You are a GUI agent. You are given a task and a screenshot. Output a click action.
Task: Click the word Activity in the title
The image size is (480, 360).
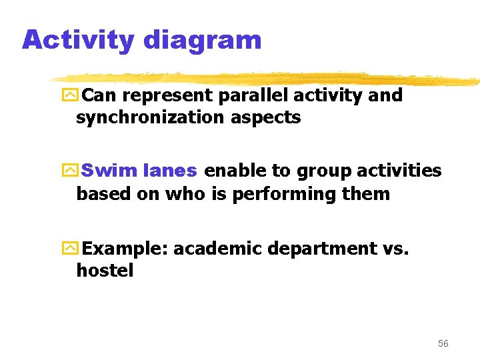(78, 40)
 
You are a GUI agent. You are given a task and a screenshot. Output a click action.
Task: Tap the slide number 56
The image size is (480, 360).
(443, 343)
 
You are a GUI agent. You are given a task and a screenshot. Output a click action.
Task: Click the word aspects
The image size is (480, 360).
(267, 119)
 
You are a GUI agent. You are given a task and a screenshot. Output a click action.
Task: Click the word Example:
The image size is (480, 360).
(126, 249)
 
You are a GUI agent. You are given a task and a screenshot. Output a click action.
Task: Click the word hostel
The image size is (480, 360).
(105, 271)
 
